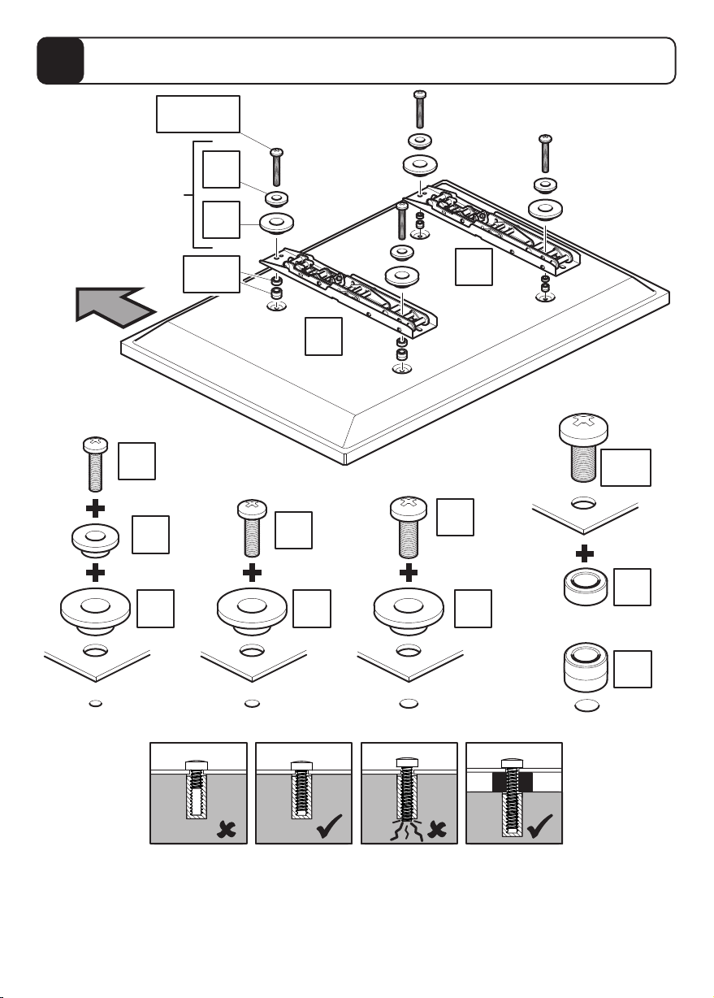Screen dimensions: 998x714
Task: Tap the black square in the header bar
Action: [61, 61]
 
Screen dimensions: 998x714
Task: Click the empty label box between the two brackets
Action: [474, 267]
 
